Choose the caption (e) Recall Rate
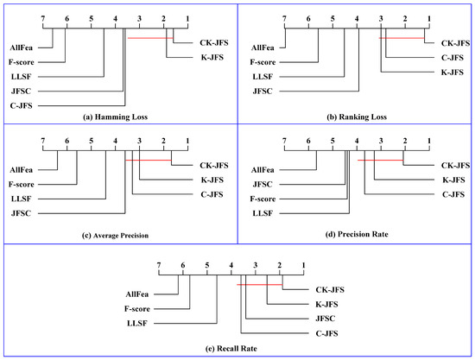coord(237,348)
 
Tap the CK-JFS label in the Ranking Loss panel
coord(455,42)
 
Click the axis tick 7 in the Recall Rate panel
coord(158,264)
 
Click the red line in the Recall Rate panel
coord(260,285)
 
